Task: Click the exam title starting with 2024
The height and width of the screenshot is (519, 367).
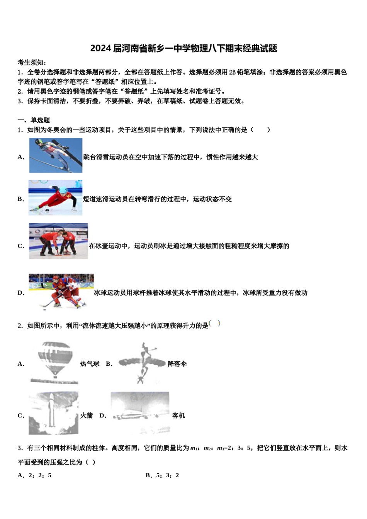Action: (x=183, y=48)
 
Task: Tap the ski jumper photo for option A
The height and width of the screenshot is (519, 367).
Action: (x=56, y=155)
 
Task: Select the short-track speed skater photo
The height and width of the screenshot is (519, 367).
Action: (x=55, y=198)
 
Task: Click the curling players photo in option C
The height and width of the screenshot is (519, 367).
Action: (x=58, y=241)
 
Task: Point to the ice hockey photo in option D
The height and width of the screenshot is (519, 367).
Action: (x=61, y=291)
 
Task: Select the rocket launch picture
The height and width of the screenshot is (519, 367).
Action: (x=53, y=413)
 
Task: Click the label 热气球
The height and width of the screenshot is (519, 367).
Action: (x=90, y=364)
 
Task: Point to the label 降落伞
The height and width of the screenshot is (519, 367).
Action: (x=177, y=364)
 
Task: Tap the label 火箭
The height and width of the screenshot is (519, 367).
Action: (x=87, y=416)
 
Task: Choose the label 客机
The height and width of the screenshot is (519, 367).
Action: (x=178, y=416)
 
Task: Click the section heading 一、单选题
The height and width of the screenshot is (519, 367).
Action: (x=34, y=120)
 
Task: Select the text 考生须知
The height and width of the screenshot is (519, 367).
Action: (x=32, y=63)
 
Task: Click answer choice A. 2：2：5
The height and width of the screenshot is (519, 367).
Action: (x=35, y=475)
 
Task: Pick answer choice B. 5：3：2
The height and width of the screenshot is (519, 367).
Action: (x=162, y=475)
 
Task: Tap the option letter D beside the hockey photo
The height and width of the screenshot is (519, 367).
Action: (x=20, y=293)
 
